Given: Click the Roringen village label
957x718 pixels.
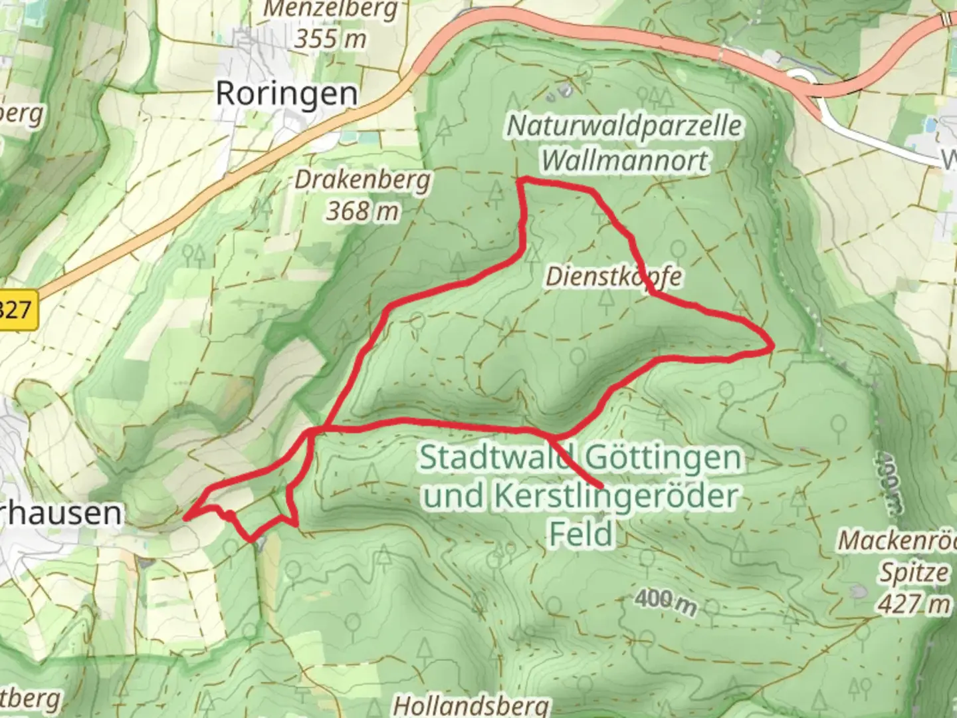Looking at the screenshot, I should pos(286,94).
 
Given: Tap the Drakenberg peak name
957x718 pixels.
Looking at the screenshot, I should pos(362,179).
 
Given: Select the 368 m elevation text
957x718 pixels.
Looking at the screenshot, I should pos(362,211).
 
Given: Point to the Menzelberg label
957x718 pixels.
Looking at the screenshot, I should pos(330,9).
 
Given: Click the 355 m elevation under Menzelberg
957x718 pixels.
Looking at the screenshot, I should pos(330,39).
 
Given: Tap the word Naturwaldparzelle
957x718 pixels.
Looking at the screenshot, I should pos(624,126).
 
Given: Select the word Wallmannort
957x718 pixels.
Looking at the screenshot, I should pos(624,160).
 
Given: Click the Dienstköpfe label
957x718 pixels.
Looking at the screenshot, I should pos(613,277).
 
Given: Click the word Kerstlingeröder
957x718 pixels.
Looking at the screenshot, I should pos(615,496).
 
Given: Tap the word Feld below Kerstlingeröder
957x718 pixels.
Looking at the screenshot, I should pos(580,534).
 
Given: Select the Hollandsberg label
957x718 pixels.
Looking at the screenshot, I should pos(471,705).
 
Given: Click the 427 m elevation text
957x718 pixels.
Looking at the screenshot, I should pos(913,604).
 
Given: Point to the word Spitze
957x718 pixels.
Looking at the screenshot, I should pos(914,572).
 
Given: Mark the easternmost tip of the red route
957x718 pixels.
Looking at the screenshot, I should pos(773,346).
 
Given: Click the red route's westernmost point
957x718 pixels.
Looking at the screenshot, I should pos(185,517).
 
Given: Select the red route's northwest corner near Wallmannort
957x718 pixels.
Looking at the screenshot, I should pos(521,179).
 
